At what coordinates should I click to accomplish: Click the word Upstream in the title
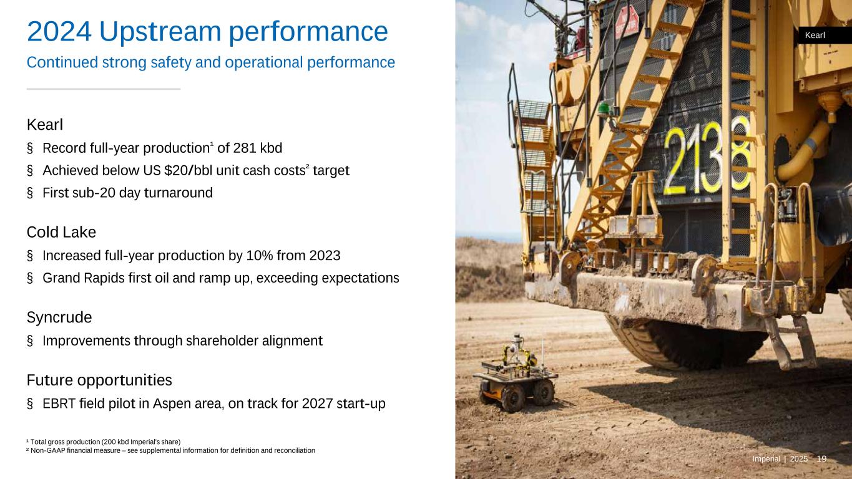coord(160,32)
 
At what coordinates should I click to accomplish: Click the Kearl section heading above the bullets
coord(45,125)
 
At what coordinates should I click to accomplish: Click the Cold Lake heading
coord(61,232)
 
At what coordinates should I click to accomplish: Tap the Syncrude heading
coord(59,317)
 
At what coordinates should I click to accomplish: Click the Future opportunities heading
coord(99,380)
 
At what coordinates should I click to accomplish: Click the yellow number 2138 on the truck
coord(707,157)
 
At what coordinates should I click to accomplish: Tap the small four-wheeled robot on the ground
coord(516,374)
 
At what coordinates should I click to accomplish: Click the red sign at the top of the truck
coord(627,22)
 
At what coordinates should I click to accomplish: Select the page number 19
coord(821,459)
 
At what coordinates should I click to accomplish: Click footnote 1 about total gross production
coord(103,442)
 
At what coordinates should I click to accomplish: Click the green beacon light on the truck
coord(603,109)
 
